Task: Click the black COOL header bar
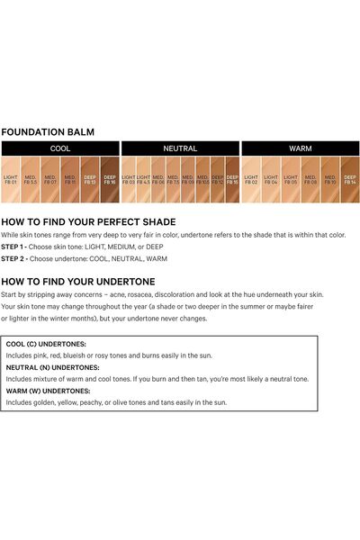60,148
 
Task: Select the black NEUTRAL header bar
180,148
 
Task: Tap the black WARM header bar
300,148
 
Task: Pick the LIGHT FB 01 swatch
11,179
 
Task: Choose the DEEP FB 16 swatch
110,179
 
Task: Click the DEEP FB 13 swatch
90,179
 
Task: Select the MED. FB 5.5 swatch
31,179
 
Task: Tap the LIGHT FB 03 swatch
129,179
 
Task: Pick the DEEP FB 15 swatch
232,179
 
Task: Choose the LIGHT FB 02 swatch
251,179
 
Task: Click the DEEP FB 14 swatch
350,179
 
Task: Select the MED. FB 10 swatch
330,179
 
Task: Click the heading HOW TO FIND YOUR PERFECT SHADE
88,221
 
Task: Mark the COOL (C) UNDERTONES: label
46,344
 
